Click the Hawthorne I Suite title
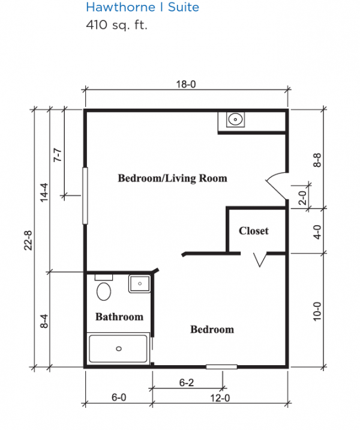(142, 7)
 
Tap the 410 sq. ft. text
(117, 25)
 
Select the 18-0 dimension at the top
(186, 84)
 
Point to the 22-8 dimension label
(28, 240)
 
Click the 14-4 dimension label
(44, 193)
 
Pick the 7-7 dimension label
(58, 155)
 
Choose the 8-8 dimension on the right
(317, 160)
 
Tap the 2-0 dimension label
(302, 198)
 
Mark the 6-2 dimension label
(187, 383)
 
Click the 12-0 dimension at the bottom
(220, 398)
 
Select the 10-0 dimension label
(317, 311)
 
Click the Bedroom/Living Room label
(173, 178)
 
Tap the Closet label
(254, 231)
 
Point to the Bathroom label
(119, 317)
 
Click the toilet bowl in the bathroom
(104, 291)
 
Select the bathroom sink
(140, 283)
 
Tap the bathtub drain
(119, 349)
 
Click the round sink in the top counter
(235, 120)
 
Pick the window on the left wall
(85, 196)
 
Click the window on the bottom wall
(221, 367)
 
